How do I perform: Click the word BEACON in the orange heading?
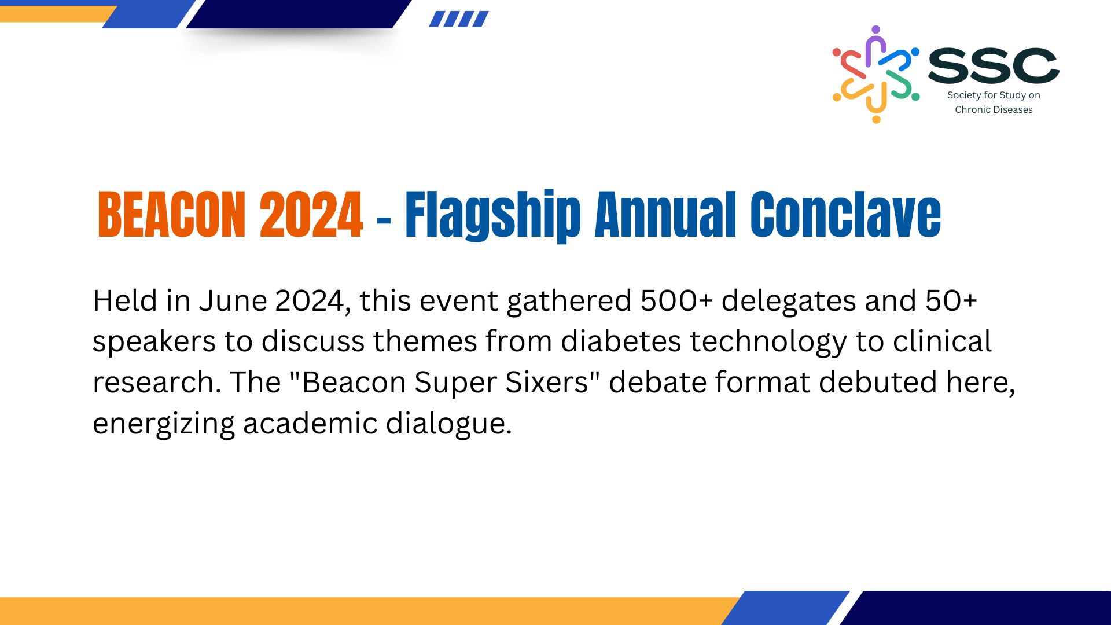point(172,215)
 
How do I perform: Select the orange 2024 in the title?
point(311,215)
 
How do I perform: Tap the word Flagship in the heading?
point(492,216)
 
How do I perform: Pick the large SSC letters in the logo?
point(994,65)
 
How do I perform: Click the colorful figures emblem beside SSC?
point(875,74)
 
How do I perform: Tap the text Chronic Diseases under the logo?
point(994,109)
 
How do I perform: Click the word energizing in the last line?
point(163,424)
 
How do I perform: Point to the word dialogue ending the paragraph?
point(449,424)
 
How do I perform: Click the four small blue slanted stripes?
point(459,19)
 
